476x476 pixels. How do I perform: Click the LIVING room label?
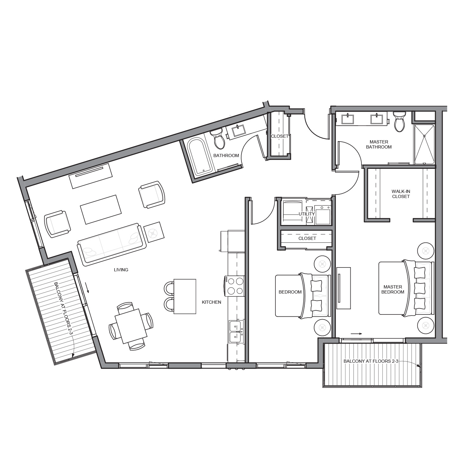pos(121,270)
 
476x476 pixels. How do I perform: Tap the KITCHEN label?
pos(211,302)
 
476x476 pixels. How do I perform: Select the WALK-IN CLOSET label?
pos(401,194)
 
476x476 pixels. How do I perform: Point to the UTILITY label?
pos(307,214)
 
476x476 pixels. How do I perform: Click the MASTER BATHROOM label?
pos(379,144)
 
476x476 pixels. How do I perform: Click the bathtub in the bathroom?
pos(198,156)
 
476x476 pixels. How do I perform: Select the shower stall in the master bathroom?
pos(424,144)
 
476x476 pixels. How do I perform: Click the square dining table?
pos(131,326)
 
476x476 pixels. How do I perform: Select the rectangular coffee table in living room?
pos(101,209)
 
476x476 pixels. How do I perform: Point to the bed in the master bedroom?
pos(405,288)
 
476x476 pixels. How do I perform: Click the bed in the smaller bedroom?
pos(301,295)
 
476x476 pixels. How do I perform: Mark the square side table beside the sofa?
pos(154,232)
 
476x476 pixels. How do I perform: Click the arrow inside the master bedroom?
pos(356,334)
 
